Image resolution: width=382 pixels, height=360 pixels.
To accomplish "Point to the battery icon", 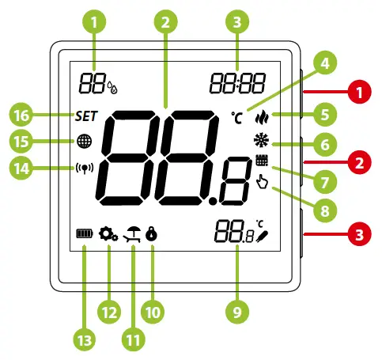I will click(x=82, y=234).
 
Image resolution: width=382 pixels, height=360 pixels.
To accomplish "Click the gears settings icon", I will click(x=108, y=234).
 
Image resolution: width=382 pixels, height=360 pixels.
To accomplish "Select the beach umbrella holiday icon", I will click(x=132, y=234).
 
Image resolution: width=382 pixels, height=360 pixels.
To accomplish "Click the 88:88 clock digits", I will click(x=236, y=79).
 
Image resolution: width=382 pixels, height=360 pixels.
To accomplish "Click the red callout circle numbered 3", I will click(x=360, y=235).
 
